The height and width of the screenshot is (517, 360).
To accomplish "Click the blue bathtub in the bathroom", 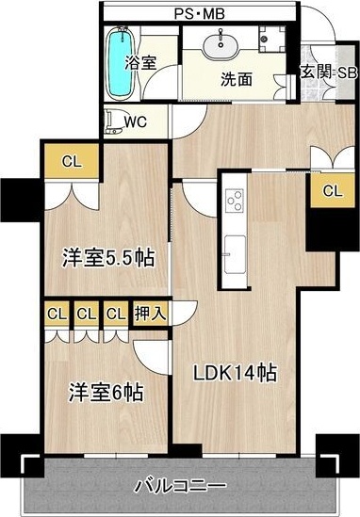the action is coord(121,63).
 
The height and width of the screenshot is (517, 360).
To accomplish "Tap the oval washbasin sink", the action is coord(221,45).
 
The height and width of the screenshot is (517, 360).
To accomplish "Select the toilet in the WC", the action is coord(113,122).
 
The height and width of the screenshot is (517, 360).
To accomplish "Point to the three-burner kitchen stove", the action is coord(235,201).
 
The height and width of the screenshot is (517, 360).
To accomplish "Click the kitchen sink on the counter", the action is coord(235,254).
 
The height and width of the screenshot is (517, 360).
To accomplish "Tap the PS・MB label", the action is coord(200,14).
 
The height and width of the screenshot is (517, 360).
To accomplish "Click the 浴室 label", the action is coord(140,63).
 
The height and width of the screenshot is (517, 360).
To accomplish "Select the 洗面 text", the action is coord(237,79).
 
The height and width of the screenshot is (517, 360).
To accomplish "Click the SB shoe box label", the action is coord(347,73).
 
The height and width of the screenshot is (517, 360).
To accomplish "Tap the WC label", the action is coord(136,122).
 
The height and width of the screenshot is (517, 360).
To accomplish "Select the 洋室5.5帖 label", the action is coord(108,258).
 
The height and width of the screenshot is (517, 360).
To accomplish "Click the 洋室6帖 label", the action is coord(106,393).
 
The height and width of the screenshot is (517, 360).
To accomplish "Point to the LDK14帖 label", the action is coord(235,373).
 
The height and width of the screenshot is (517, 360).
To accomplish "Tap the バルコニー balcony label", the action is coord(181,486).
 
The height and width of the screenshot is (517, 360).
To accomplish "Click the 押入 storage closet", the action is coord(150,314).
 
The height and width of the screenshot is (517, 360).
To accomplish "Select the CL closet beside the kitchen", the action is coord(333,190).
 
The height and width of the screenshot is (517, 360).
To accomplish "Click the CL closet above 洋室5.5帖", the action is coord(72,162).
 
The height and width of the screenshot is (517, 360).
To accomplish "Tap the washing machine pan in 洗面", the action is coord(271,39).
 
